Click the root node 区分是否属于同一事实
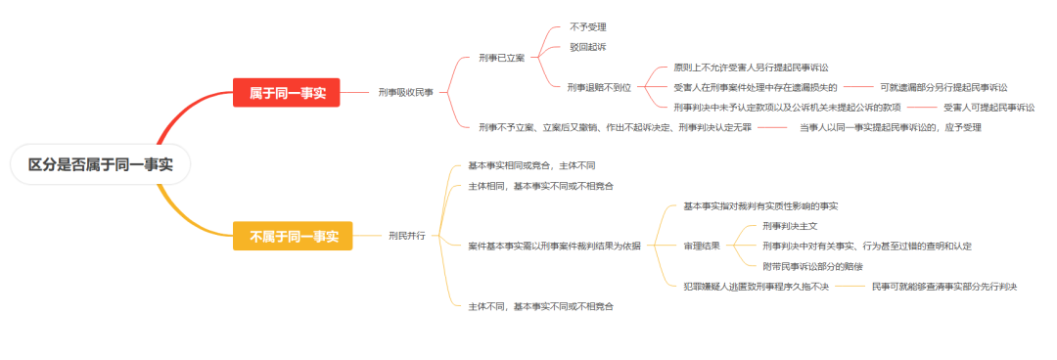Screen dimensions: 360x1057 coord(100,164)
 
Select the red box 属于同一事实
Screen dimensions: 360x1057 coord(286,93)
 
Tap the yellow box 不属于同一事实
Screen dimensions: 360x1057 coord(292,236)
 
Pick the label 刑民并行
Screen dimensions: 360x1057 coord(407,236)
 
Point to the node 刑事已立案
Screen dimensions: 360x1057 coord(502,58)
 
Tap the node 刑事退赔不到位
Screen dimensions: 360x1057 coord(599,87)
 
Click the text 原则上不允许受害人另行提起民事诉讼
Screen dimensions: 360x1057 coord(752,67)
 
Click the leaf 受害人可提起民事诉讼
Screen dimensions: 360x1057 coord(988,107)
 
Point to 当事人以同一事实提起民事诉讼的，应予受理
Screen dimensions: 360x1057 coord(890,127)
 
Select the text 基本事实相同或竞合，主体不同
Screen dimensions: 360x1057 coord(531,165)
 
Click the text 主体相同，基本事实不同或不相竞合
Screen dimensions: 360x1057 coord(541,185)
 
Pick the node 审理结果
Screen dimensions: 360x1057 coord(702,246)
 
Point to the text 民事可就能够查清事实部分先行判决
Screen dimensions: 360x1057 coord(944,286)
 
